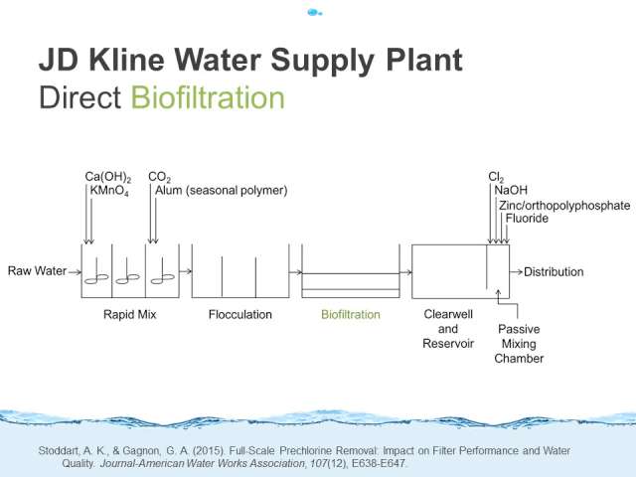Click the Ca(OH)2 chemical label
point(108,177)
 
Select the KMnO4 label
point(109,191)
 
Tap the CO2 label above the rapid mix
point(159,177)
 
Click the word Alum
point(169,190)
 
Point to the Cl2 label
point(496,177)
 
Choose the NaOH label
point(511,190)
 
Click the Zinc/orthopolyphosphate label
point(564,206)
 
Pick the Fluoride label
point(527,219)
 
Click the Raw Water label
point(37,270)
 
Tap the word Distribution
point(554,271)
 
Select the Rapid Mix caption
point(130,314)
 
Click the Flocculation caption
point(240,314)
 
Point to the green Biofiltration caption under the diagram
point(351,314)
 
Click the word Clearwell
point(448,314)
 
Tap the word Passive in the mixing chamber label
point(519,329)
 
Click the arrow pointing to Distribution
point(516,271)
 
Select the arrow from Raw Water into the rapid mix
point(75,271)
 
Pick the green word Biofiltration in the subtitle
point(208,97)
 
